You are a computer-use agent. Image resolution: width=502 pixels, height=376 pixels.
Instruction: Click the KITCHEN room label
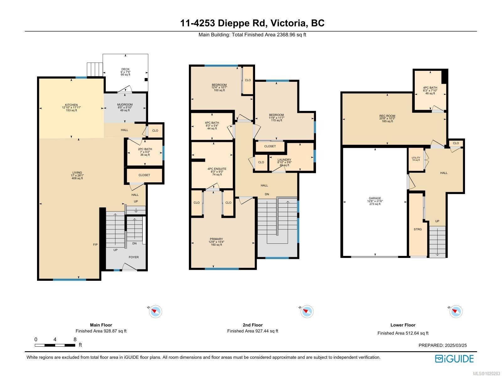pos(71,105)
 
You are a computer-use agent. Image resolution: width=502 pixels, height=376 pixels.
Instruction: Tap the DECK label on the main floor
pos(125,69)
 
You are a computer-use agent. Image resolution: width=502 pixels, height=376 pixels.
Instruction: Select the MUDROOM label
pos(125,105)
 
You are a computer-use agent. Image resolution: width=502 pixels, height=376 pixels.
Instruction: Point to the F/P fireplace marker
pos(95,244)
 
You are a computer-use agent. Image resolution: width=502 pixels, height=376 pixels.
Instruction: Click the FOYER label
pos(134,257)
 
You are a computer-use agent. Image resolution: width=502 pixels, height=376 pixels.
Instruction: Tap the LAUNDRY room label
pos(284,160)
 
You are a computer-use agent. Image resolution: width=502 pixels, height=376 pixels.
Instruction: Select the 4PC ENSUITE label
pos(217,169)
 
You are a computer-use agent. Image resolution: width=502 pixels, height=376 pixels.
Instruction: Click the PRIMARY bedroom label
pos(216,239)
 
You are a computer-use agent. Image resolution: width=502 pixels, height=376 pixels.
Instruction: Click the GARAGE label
pos(375,198)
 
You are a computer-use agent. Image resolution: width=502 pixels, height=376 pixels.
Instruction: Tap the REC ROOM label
pos(387,116)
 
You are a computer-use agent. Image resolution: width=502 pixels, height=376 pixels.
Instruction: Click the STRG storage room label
pos(418,229)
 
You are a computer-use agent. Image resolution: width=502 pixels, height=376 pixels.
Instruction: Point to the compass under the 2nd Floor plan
pos(306,311)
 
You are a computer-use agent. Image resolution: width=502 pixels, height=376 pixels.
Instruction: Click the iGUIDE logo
pos(454,358)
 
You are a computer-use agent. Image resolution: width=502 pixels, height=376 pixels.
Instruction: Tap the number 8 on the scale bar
pos(75,339)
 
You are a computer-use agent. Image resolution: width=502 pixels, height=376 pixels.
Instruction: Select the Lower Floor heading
pos(403,325)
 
